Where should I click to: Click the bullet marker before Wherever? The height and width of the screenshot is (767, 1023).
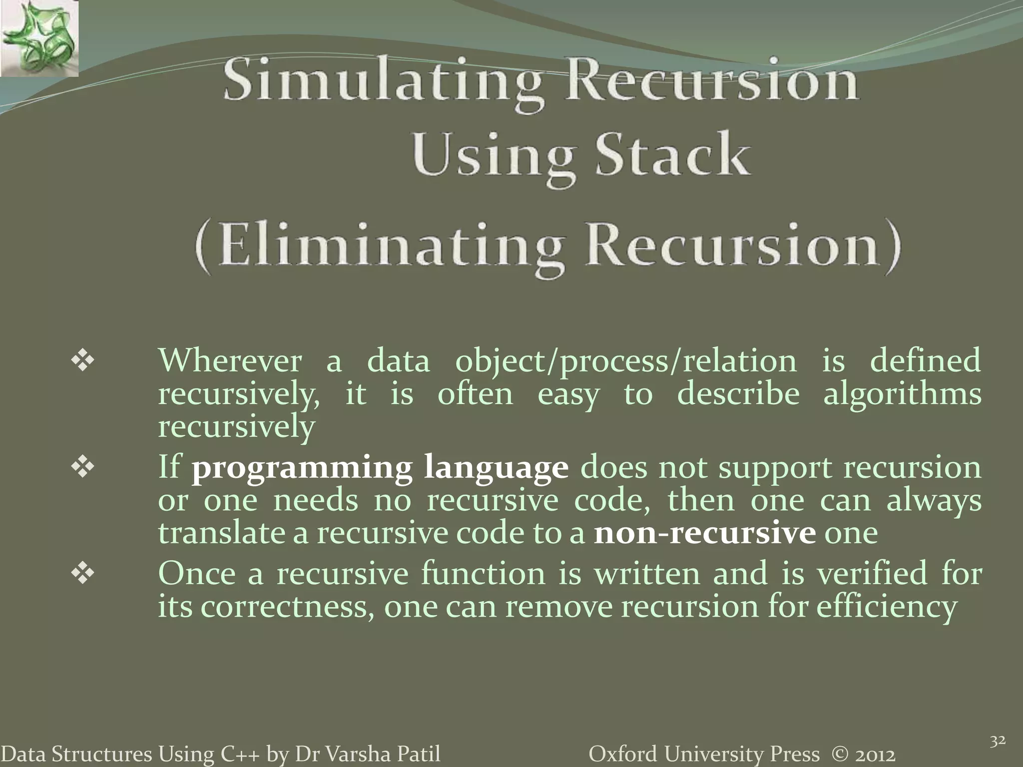[x=83, y=361]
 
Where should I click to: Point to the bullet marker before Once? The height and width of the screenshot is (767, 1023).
[x=83, y=574]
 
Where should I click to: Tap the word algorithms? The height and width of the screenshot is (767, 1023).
[x=902, y=394]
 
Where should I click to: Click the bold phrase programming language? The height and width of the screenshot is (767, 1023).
[x=380, y=468]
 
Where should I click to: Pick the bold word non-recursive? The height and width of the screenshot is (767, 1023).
[x=705, y=533]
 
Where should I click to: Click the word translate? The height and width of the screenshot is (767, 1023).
[x=220, y=533]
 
